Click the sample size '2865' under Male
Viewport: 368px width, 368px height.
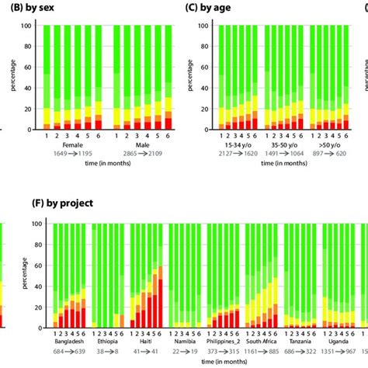pyautogui.click(x=123, y=154)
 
